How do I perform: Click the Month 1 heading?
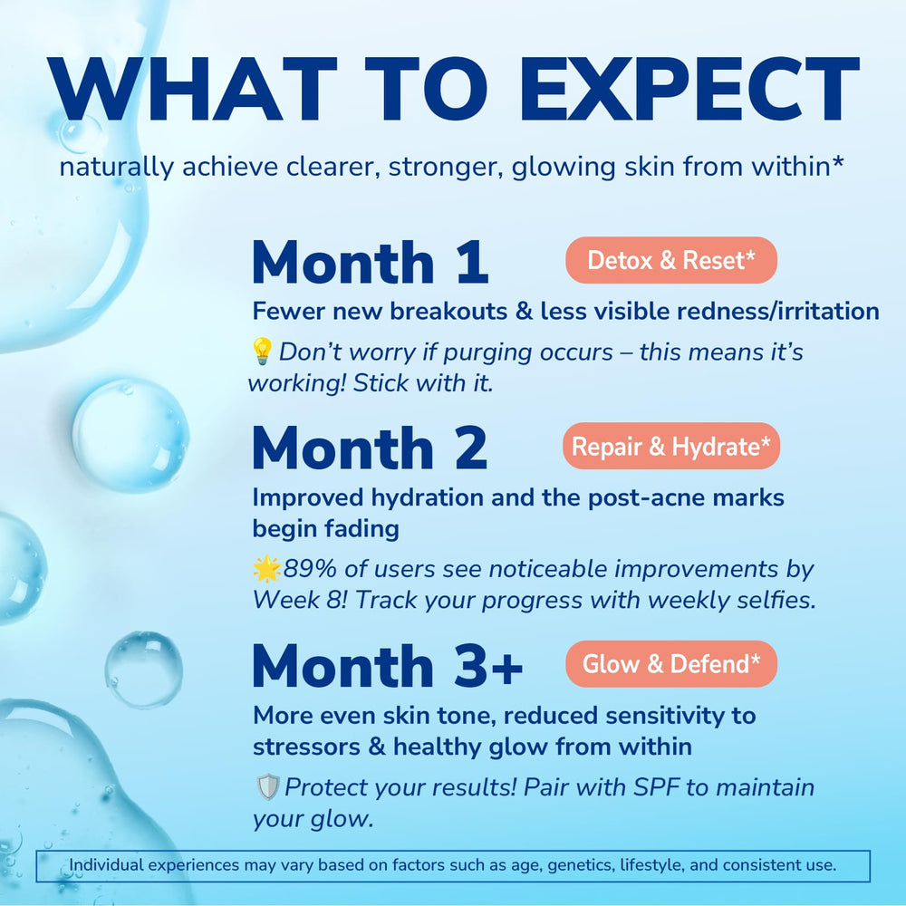coord(370,263)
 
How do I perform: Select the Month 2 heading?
coord(370,448)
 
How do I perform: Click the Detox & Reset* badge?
coord(671,261)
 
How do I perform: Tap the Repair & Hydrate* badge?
coord(671,446)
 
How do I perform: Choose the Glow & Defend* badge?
coord(671,664)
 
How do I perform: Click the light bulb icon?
coord(262,351)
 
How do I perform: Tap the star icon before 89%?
coord(267,569)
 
